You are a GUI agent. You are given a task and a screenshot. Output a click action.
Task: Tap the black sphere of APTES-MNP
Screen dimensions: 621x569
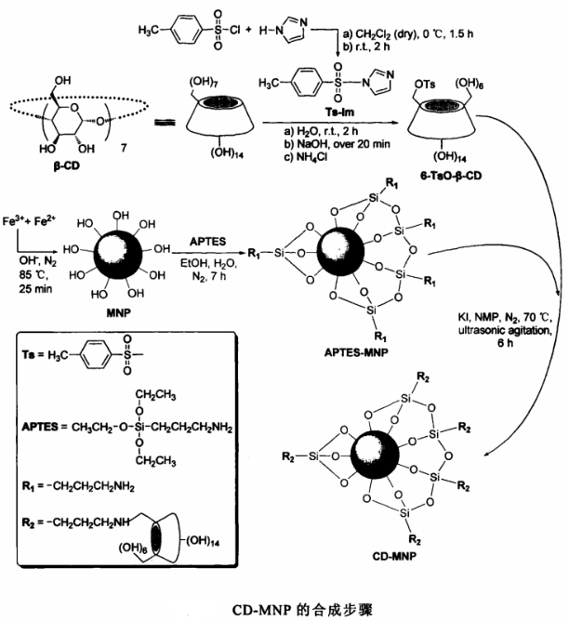point(337,250)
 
